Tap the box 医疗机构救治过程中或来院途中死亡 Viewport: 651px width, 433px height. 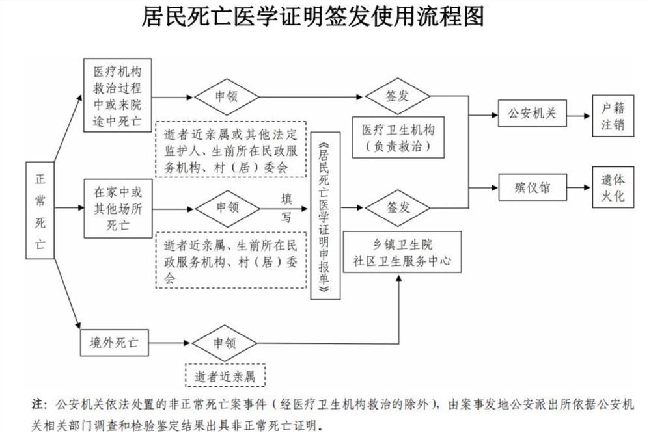[117, 95]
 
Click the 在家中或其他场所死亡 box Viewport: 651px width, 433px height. [117, 209]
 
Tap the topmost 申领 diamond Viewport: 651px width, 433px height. [227, 96]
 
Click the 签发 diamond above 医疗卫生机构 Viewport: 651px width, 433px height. [397, 96]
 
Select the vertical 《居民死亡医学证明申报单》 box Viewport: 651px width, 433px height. [326, 216]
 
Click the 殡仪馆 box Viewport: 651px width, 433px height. [532, 188]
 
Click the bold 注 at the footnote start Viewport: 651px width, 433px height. [39, 404]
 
